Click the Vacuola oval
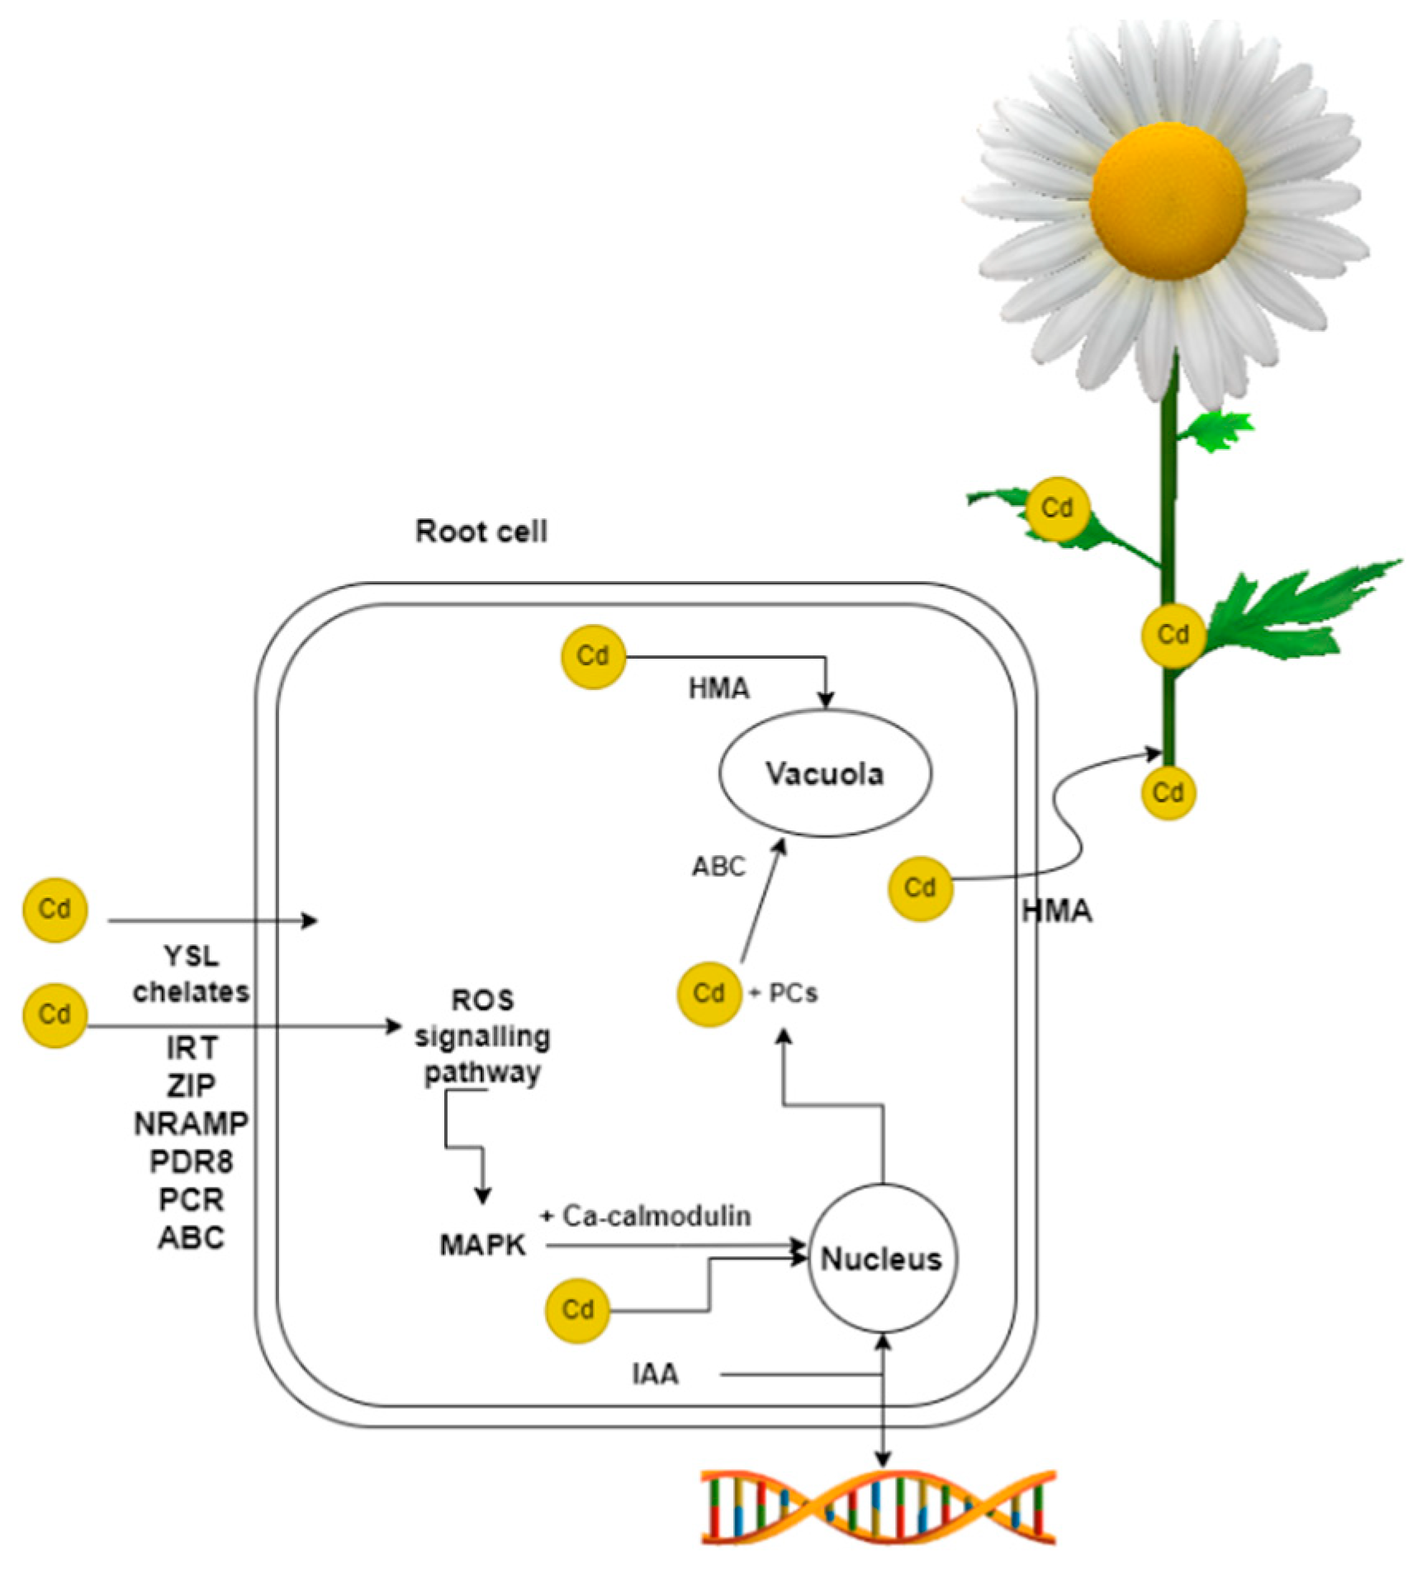[x=826, y=773]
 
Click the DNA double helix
[x=878, y=1505]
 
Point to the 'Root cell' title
[x=481, y=531]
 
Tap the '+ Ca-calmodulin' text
[x=646, y=1216]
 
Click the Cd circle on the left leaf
[x=1057, y=508]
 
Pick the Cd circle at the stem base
[x=1168, y=793]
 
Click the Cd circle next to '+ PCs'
[x=708, y=993]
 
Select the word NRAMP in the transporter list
[x=191, y=1123]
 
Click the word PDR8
[x=191, y=1161]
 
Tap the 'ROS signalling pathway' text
[x=482, y=1036]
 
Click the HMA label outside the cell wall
[x=1057, y=911]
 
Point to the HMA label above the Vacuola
[x=718, y=688]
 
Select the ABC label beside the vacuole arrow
[x=718, y=867]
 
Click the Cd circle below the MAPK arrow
[x=577, y=1310]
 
